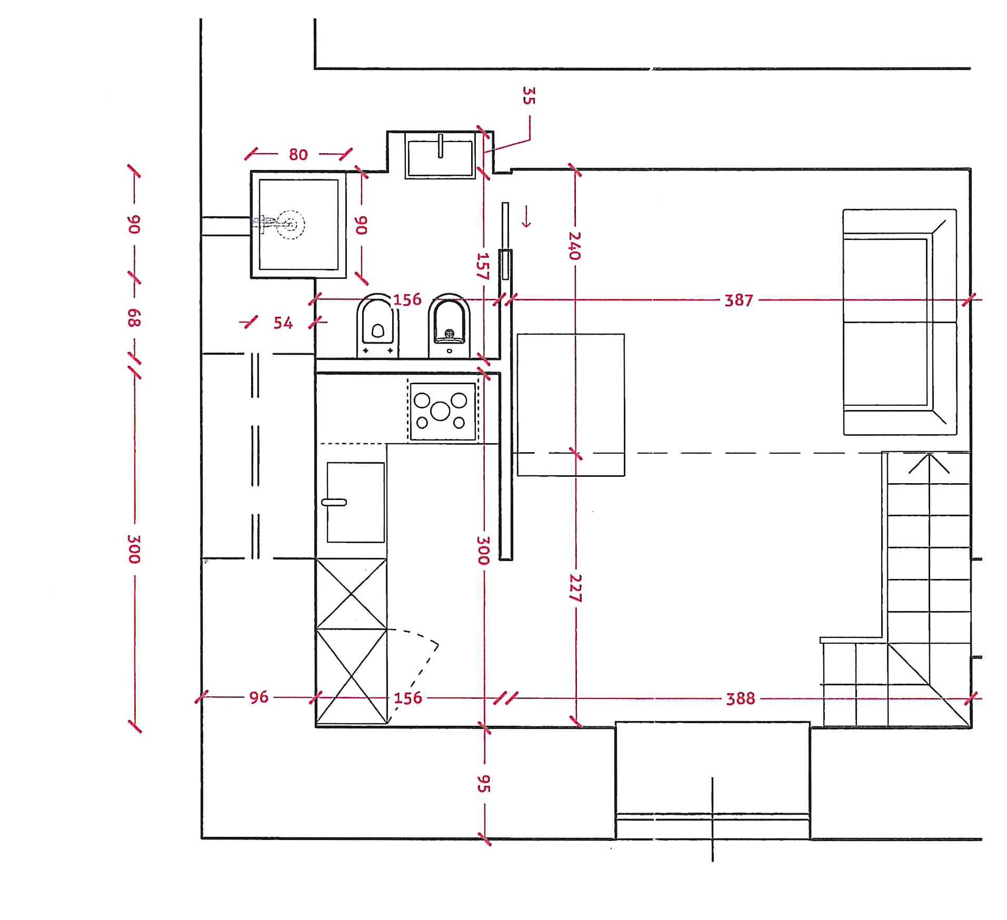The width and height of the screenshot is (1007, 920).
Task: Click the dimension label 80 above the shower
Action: pyautogui.click(x=298, y=154)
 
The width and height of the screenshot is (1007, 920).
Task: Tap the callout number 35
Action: pyautogui.click(x=529, y=95)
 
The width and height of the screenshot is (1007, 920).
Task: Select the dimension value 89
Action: pyautogui.click(x=134, y=317)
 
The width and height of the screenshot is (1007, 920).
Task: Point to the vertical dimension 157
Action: pyautogui.click(x=483, y=266)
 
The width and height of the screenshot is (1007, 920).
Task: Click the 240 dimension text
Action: pyautogui.click(x=574, y=246)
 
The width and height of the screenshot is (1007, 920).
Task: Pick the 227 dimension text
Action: pyautogui.click(x=575, y=588)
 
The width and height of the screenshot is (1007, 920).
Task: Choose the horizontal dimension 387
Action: pyautogui.click(x=739, y=300)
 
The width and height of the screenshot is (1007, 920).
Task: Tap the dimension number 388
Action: pyautogui.click(x=741, y=698)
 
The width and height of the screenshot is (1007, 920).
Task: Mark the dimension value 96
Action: pyautogui.click(x=258, y=697)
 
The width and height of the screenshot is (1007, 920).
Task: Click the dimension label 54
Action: pyautogui.click(x=283, y=323)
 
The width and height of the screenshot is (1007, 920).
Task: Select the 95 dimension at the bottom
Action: pyautogui.click(x=483, y=784)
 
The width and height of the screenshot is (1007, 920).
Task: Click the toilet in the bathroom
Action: pyautogui.click(x=377, y=325)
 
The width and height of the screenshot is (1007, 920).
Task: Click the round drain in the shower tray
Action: pyautogui.click(x=291, y=225)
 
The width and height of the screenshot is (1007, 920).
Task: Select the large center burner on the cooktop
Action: pyautogui.click(x=440, y=411)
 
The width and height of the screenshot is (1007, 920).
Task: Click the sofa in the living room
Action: pyautogui.click(x=900, y=322)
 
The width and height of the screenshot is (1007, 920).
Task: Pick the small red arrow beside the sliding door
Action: pyautogui.click(x=526, y=216)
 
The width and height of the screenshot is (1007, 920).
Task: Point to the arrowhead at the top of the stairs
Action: pyautogui.click(x=929, y=463)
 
